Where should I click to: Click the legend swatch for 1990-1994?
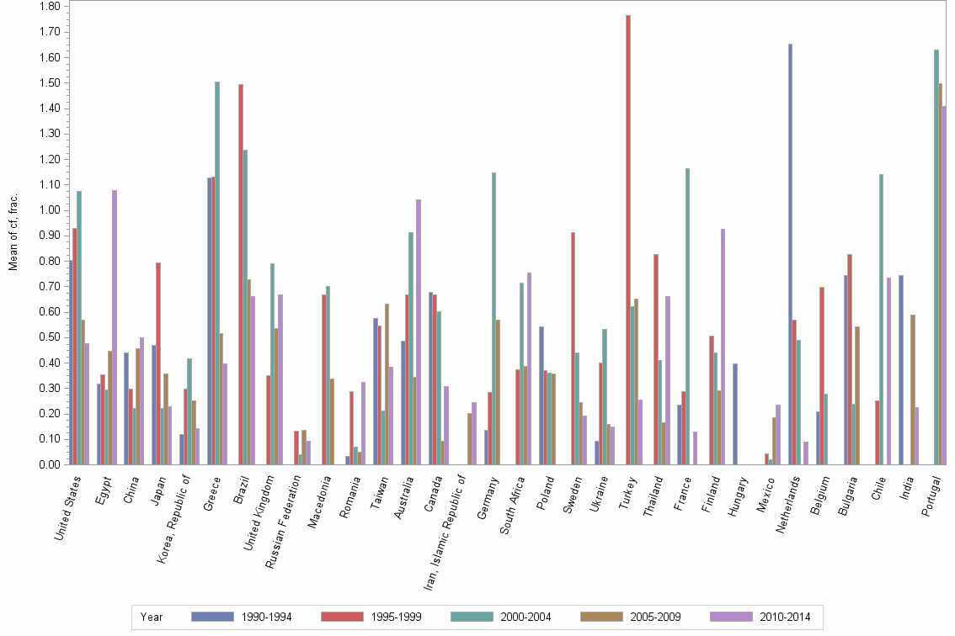(213, 617)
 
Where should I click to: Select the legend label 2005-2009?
(655, 617)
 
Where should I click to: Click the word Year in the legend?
(152, 617)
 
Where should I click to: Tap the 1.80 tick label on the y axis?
(49, 7)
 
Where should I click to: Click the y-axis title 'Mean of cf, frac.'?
(13, 231)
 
